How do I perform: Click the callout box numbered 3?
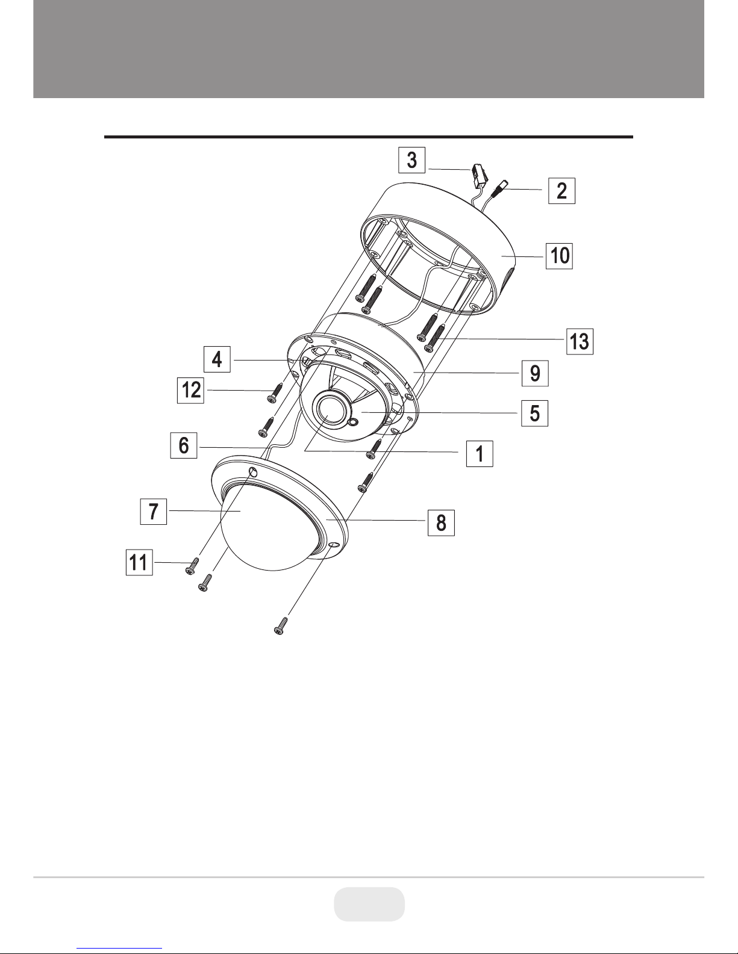[411, 160]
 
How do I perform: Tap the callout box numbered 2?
[561, 191]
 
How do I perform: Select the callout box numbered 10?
[559, 256]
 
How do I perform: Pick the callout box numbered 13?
[580, 341]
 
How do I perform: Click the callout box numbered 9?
[535, 373]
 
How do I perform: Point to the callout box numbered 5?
[534, 413]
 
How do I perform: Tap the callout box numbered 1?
[480, 453]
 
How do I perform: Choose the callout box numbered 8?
[441, 523]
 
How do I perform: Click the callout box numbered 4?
[217, 359]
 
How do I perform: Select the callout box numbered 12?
[190, 390]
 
